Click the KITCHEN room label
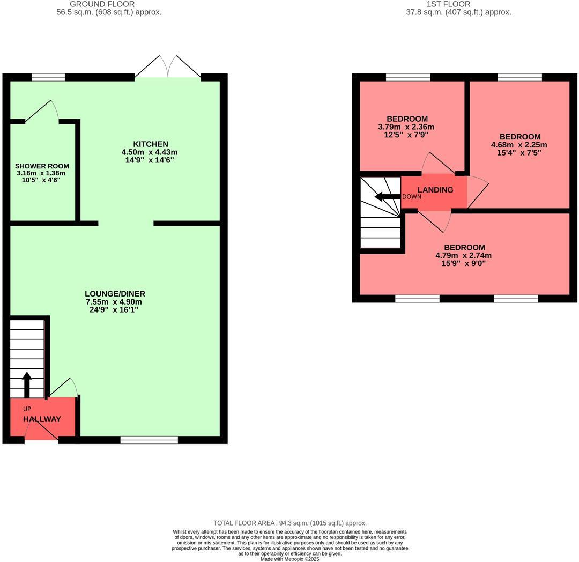151,144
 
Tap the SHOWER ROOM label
42,166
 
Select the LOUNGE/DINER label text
115,294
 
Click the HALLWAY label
42,419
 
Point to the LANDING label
435,190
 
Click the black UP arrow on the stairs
27,383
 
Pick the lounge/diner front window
149,440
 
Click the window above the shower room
48,77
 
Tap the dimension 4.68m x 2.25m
519,145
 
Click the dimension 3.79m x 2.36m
406,127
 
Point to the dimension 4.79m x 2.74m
463,256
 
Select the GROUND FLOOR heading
109,4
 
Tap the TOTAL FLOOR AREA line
290,523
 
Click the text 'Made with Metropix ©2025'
289,559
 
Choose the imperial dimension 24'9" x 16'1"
115,310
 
